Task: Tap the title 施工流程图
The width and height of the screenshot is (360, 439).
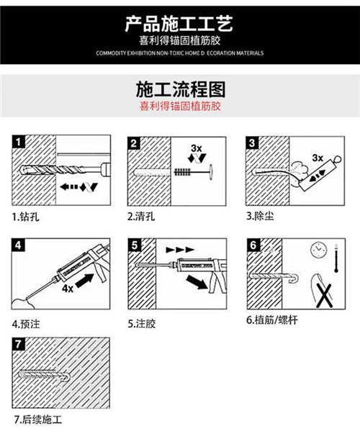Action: pyautogui.click(x=180, y=89)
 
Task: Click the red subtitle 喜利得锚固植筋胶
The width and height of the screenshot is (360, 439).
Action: pyautogui.click(x=180, y=106)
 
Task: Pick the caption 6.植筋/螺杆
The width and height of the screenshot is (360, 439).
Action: pyautogui.click(x=274, y=320)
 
